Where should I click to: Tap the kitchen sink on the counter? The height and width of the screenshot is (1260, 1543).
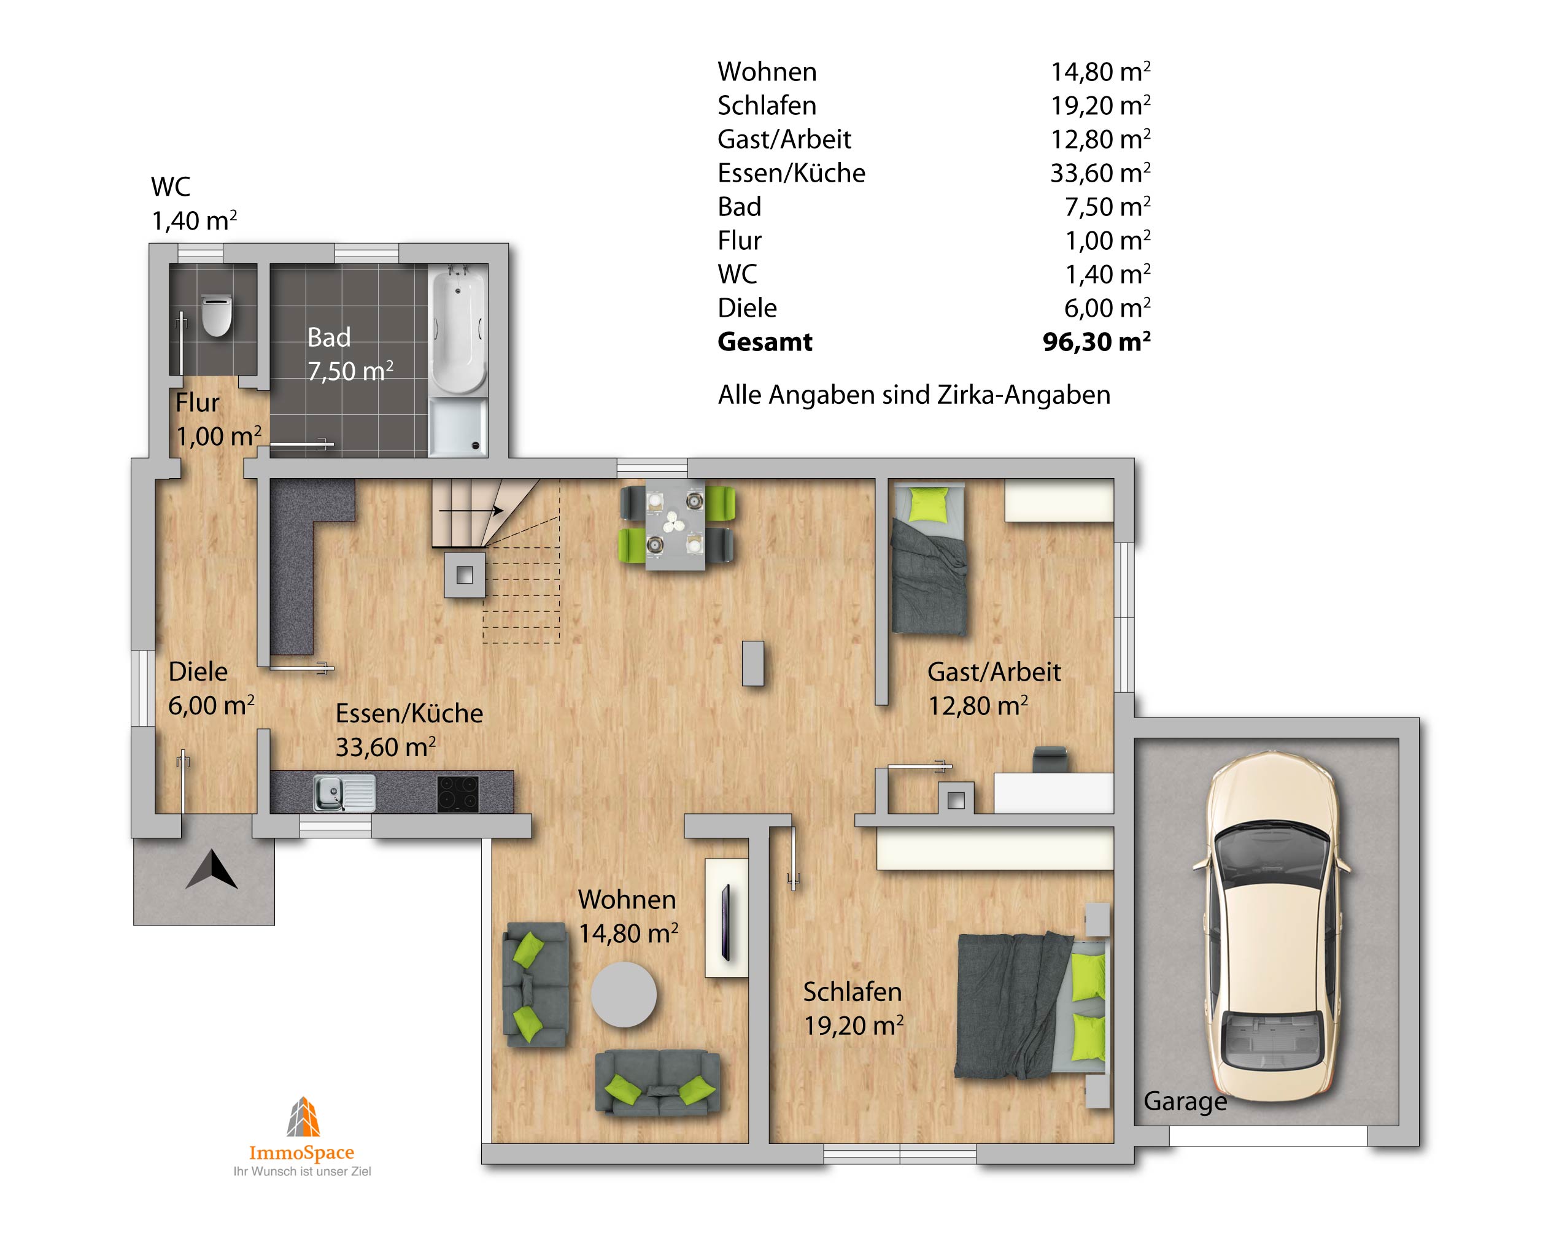[344, 792]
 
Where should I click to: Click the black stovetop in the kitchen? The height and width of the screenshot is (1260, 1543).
[458, 794]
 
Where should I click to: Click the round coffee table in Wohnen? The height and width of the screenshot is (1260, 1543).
[624, 994]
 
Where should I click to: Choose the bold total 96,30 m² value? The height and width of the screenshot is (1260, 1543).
[1097, 341]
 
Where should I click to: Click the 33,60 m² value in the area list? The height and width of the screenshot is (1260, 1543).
[1100, 172]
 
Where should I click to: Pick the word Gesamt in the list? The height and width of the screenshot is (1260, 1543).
[765, 342]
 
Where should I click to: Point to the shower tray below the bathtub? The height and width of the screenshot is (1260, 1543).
[458, 429]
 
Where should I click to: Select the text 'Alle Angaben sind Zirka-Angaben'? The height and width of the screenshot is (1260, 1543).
[915, 396]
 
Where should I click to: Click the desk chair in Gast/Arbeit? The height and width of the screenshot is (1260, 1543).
[1051, 759]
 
